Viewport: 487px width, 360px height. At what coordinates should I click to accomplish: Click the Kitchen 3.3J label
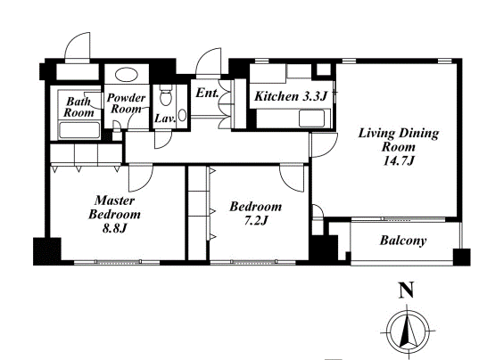click(291, 96)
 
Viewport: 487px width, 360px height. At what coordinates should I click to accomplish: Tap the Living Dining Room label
click(399, 146)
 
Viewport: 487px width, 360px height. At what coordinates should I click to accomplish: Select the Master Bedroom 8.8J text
click(114, 214)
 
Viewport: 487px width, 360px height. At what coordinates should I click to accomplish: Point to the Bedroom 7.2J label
click(256, 213)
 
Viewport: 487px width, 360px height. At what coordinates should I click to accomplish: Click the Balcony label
click(403, 241)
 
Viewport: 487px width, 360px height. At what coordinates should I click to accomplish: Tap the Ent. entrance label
click(207, 93)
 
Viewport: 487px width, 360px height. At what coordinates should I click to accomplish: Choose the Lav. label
click(165, 119)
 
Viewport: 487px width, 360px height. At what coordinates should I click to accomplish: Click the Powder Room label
click(126, 103)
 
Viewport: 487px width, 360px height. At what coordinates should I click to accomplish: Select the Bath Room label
click(78, 107)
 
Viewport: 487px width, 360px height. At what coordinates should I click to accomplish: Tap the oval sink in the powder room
click(126, 75)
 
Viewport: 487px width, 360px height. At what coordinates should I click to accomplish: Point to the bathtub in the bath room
click(79, 130)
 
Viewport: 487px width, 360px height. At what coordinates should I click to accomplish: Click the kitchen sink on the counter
click(311, 119)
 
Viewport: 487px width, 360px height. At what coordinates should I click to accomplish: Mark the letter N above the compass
click(407, 290)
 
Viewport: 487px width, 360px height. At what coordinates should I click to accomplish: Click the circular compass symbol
click(408, 331)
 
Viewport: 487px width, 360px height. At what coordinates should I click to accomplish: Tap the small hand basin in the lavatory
click(182, 116)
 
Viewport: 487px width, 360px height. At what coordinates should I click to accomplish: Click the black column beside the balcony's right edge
click(461, 257)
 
